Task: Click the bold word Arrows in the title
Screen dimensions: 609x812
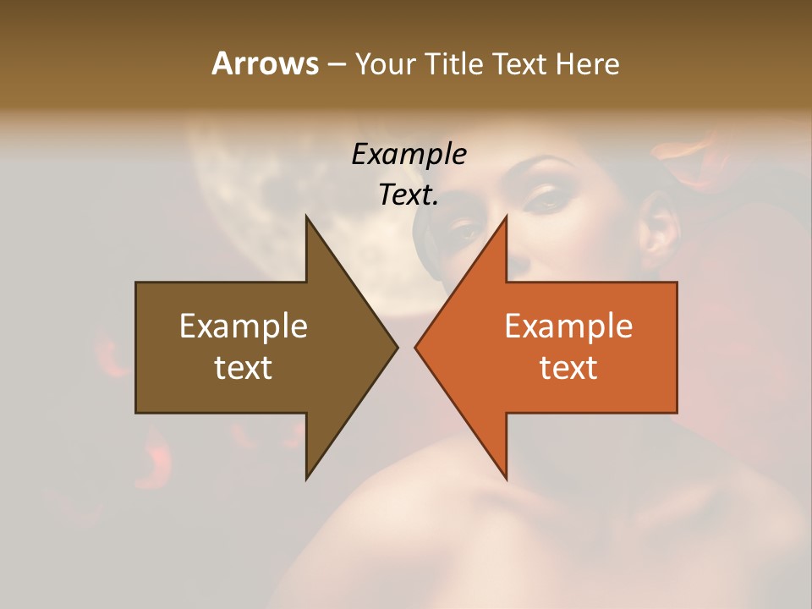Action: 266,63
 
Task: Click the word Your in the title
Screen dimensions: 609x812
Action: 385,63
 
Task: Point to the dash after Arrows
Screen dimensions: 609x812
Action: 335,64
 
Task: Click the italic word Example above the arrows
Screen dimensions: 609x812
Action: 409,154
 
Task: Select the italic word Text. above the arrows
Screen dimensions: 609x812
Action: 409,195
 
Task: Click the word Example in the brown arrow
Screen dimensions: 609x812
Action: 244,326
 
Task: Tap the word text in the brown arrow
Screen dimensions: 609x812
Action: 244,367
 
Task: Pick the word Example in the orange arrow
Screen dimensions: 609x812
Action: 568,326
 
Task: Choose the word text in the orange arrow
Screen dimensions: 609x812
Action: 568,367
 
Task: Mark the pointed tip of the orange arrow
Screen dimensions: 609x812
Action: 417,347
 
